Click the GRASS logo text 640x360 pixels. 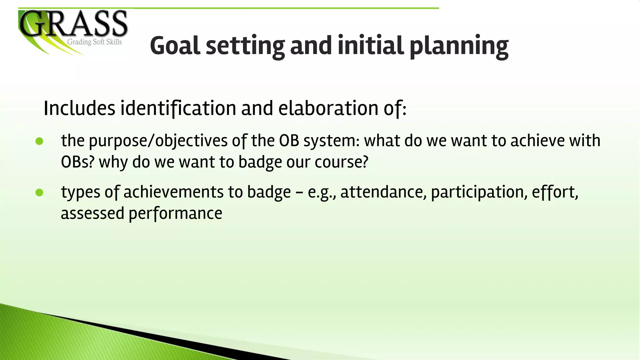[x=74, y=23]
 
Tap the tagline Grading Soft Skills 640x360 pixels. [x=94, y=42]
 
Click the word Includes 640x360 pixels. [x=79, y=108]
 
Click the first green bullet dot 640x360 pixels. [x=39, y=142]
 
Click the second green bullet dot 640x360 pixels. [x=39, y=193]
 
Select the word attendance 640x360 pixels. [x=383, y=192]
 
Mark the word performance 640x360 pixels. [x=175, y=214]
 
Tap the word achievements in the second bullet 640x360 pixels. [x=173, y=192]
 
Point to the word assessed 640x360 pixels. [x=92, y=213]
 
